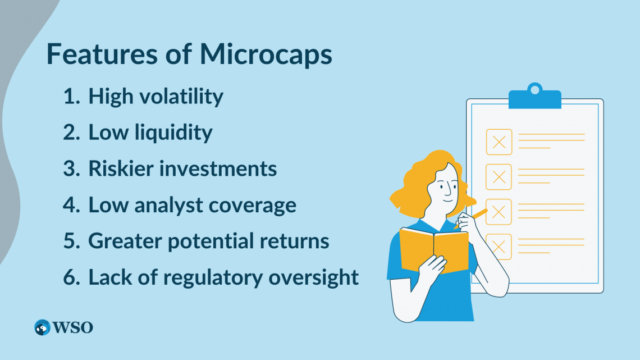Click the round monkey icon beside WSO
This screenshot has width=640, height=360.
pos(42,327)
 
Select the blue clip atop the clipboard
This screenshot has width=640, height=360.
pos(534,98)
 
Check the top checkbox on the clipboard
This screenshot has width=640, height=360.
pos(499,142)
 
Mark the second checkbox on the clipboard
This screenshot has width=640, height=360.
pos(499,177)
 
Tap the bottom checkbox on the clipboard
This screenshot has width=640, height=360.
pos(499,246)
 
